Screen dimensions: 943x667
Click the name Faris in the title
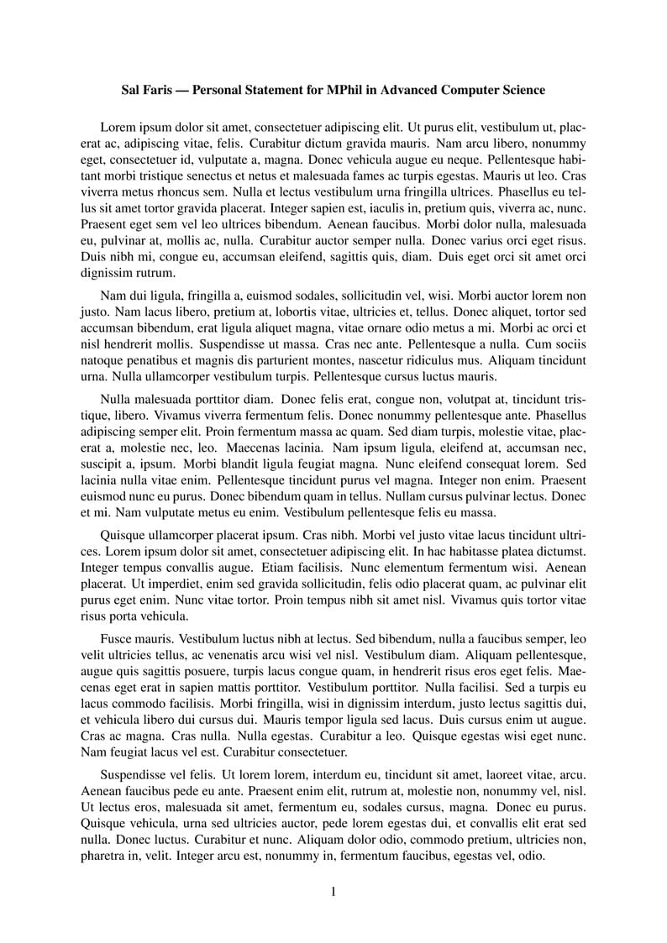(160, 90)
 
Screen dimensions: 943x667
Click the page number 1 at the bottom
(333, 892)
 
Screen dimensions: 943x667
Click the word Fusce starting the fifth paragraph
(117, 638)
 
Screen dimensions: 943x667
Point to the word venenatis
(244, 654)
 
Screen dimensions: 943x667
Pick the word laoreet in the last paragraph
(504, 777)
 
